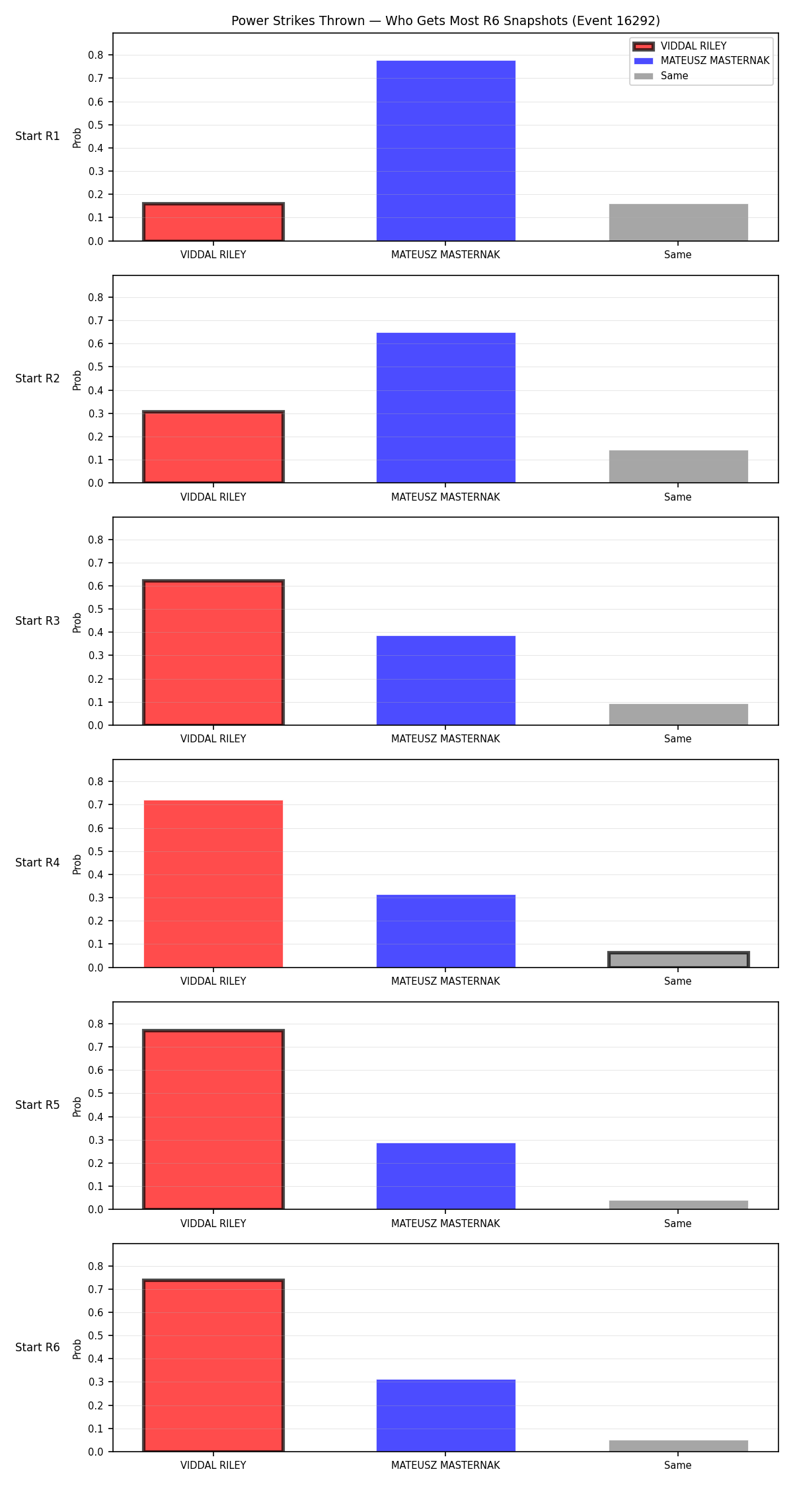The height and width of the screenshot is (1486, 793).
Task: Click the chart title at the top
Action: [x=445, y=20]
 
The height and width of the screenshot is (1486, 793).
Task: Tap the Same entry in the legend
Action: [x=661, y=76]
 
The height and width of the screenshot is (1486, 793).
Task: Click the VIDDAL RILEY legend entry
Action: [x=680, y=46]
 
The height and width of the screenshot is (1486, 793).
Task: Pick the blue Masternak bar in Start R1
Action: [x=445, y=151]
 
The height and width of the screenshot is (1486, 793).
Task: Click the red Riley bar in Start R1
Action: [x=213, y=222]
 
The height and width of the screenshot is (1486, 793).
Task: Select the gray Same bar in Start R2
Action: [x=678, y=466]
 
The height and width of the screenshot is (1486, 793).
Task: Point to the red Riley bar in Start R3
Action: [x=213, y=653]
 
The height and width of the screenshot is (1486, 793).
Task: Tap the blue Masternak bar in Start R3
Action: [x=445, y=680]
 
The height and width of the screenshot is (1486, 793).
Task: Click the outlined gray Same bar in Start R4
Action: [x=678, y=960]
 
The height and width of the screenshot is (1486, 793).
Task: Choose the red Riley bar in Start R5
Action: [x=213, y=1119]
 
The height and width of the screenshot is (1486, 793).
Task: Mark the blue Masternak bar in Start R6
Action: [x=445, y=1416]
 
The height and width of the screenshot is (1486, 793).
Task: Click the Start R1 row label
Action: [x=38, y=136]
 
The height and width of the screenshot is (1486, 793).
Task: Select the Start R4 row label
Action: [x=38, y=863]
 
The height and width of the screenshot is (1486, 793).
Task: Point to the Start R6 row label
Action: [x=38, y=1347]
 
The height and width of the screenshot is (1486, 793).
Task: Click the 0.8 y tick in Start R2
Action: [x=96, y=297]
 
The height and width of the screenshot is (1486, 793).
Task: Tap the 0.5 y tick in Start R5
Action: [x=96, y=1093]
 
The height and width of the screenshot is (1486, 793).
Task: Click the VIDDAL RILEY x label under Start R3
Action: [x=213, y=739]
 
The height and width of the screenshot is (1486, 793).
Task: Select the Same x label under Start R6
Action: [x=678, y=1466]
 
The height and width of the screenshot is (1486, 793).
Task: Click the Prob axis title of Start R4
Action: [x=77, y=864]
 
